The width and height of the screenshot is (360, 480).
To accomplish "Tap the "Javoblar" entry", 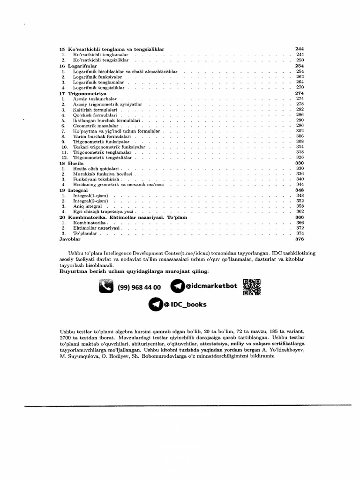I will [70, 239].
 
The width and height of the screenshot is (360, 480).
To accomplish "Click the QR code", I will [251, 286].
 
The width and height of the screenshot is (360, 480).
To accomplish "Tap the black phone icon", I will [106, 286].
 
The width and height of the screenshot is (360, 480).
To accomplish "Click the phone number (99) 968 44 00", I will [139, 287].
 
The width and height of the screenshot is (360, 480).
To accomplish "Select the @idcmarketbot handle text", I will [211, 285].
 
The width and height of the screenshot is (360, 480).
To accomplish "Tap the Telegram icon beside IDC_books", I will [155, 305].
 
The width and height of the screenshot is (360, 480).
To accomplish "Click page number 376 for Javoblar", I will [300, 239].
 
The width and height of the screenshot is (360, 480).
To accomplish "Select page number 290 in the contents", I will [300, 120].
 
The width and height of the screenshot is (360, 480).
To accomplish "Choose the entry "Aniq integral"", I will [87, 206].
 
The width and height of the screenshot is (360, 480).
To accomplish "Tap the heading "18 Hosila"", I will [71, 163].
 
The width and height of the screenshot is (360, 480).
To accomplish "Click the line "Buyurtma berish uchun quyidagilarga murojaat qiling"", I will [134, 271].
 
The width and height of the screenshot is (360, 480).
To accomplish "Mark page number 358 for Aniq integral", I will [300, 206].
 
